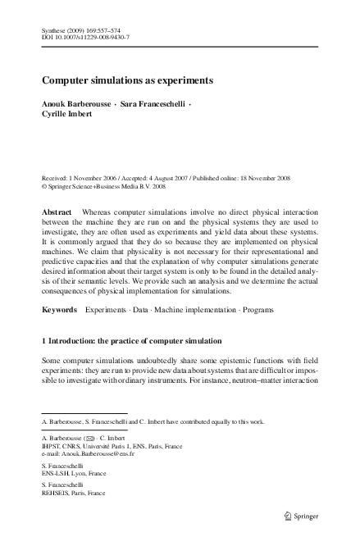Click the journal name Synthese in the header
coord(55,30)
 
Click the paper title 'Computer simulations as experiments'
coord(127,81)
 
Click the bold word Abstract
coord(57,212)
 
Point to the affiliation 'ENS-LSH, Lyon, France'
coord(75,474)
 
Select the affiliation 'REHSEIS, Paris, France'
coord(75,494)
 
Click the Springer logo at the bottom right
coord(305,516)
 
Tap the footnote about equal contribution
coord(153,421)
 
